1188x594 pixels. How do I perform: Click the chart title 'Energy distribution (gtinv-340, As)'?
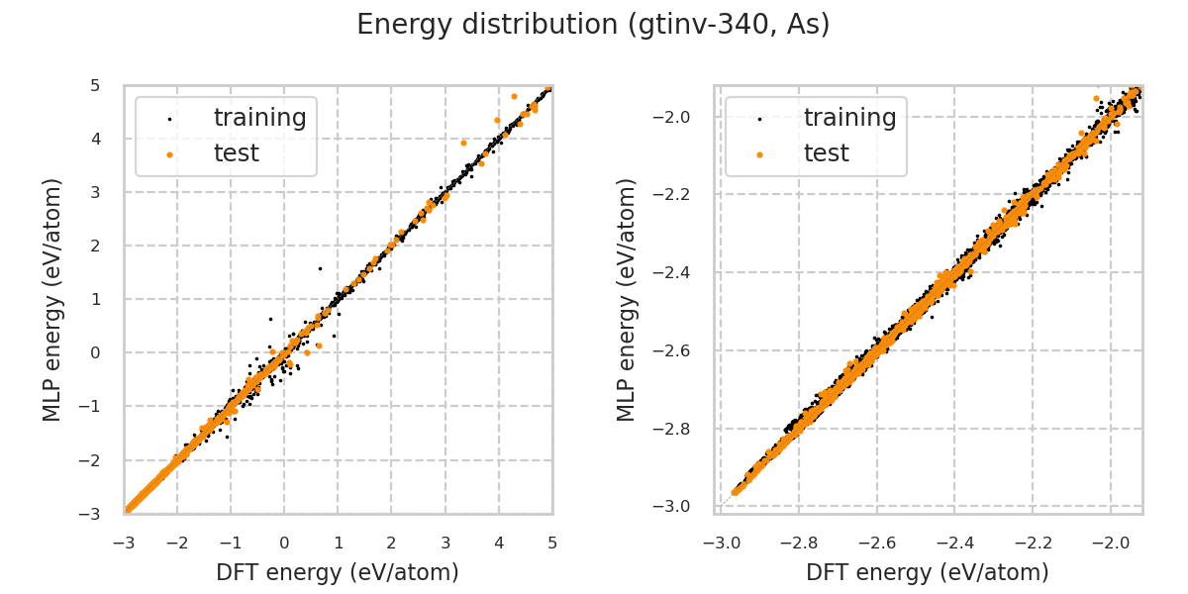point(593,25)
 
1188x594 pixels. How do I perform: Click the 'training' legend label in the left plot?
point(259,118)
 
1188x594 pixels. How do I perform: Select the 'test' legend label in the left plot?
point(236,153)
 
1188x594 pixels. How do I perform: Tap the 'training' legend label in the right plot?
point(849,118)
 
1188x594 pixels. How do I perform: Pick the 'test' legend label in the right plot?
point(826,153)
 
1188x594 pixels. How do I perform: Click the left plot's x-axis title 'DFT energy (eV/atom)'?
point(338,572)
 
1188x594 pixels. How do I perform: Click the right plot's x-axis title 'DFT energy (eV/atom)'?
point(928,572)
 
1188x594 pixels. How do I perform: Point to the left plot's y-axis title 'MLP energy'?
point(53,299)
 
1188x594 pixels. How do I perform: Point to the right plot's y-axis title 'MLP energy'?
point(628,299)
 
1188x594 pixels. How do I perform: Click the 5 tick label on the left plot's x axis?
point(552,543)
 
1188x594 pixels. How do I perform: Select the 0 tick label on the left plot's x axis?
point(284,543)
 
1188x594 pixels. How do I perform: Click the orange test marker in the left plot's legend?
point(169,154)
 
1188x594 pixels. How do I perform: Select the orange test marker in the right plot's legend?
point(759,154)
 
